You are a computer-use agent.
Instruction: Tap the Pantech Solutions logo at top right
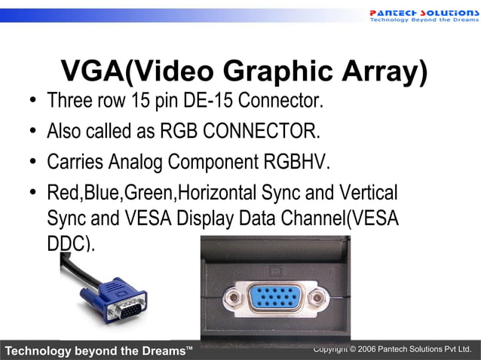point(423,14)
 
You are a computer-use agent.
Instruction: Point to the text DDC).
point(71,244)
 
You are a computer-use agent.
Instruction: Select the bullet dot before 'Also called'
point(33,133)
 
